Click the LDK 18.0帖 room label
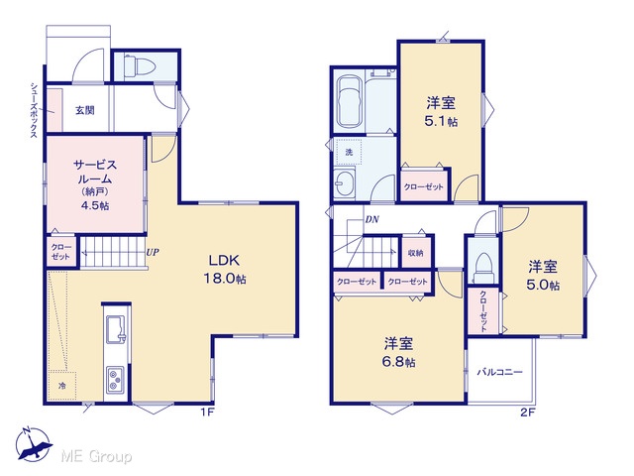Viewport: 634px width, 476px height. click(225, 269)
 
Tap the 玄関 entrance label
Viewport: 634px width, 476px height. click(85, 110)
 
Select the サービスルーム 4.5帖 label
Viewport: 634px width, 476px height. click(95, 184)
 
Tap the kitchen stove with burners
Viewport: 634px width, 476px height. click(116, 380)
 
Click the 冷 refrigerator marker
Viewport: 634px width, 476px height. click(61, 386)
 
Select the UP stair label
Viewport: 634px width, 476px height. click(153, 253)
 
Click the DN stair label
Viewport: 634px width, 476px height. click(372, 220)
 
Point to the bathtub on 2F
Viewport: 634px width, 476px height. click(350, 101)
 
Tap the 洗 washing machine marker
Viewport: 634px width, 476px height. click(349, 152)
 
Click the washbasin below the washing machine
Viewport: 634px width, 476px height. click(345, 182)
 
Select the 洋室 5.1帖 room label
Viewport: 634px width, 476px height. click(441, 112)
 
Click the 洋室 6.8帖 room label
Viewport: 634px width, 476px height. click(399, 352)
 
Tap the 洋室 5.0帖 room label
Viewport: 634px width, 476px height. click(543, 276)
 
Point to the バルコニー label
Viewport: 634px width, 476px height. click(499, 372)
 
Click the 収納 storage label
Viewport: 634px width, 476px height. click(416, 253)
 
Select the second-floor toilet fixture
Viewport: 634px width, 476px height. click(484, 268)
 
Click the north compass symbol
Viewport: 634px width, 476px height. click(33, 445)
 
